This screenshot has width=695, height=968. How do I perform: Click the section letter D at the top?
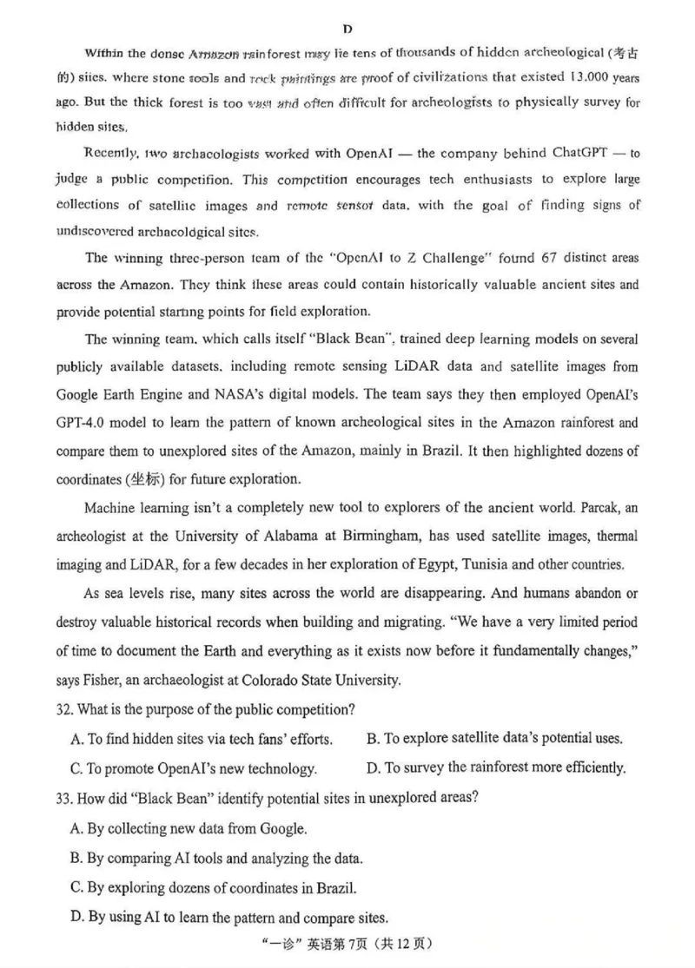[x=347, y=29]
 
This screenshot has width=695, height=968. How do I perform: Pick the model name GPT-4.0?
[x=84, y=424]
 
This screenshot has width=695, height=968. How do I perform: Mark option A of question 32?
[x=201, y=740]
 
